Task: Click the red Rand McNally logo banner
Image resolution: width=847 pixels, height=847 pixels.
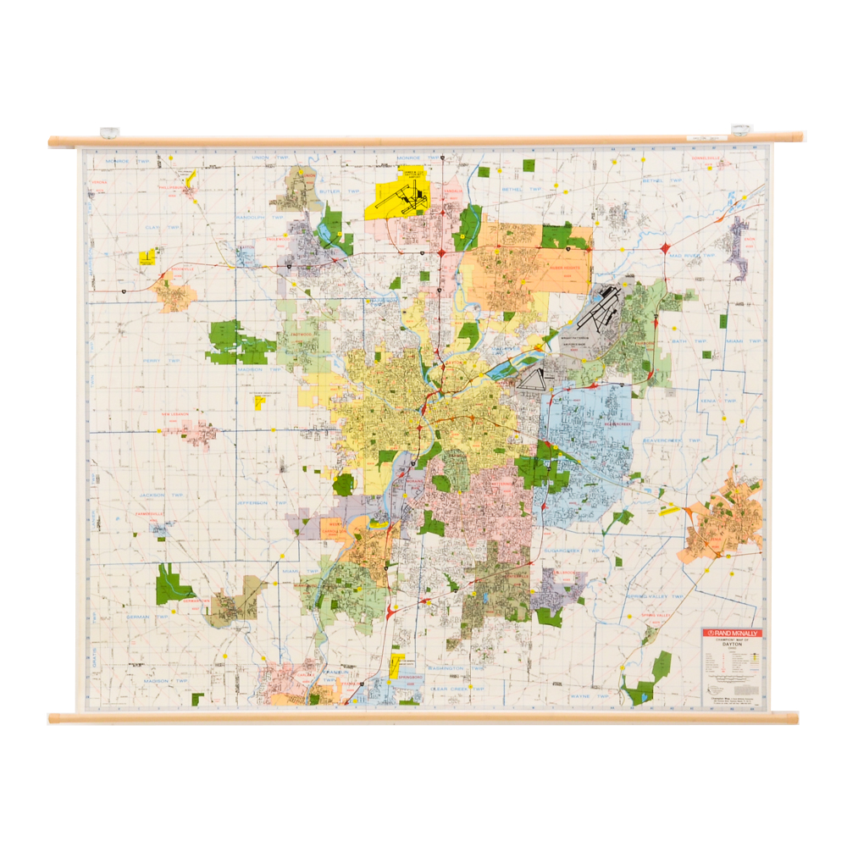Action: pos(732,633)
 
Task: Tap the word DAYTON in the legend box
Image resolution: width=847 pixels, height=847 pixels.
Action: pos(732,644)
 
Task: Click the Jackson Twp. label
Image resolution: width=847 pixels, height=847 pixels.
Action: pos(163,495)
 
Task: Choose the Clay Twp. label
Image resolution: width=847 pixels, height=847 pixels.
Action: pos(163,227)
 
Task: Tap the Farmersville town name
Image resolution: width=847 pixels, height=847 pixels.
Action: pos(152,514)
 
